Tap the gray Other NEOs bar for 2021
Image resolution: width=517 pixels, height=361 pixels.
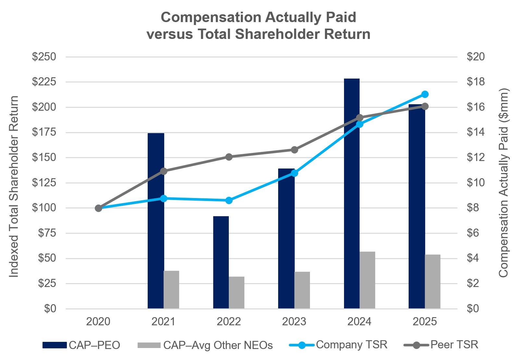click(171, 290)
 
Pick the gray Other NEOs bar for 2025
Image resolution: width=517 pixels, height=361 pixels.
click(433, 281)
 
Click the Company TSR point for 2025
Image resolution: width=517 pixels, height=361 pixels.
click(425, 94)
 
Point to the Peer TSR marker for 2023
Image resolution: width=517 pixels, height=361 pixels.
click(294, 150)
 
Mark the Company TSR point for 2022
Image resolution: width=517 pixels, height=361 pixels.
click(229, 200)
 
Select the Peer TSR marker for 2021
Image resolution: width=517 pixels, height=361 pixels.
click(164, 171)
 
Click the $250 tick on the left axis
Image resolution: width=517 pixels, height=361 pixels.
click(44, 57)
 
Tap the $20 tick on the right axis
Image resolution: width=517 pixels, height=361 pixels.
click(475, 57)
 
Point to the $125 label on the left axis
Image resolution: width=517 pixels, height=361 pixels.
click(44, 183)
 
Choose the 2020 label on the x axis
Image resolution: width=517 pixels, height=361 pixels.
click(98, 322)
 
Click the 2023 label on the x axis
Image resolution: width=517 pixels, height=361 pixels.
click(294, 322)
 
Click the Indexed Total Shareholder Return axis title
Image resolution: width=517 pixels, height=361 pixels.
click(14, 187)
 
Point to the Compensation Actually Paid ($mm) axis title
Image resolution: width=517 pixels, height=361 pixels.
click(503, 183)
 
